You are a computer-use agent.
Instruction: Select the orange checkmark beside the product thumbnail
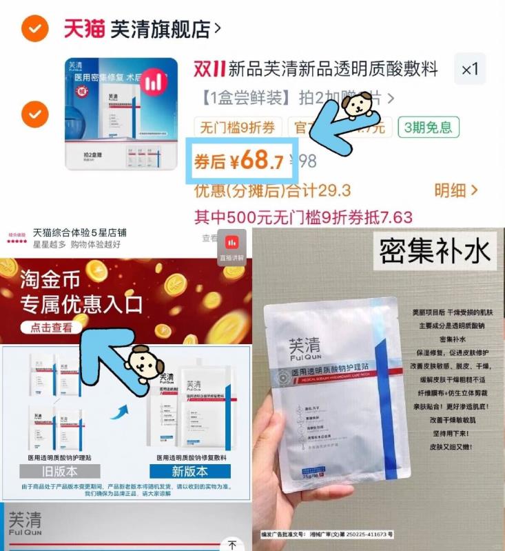pyautogui.click(x=34, y=112)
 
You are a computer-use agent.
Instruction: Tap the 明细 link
pyautogui.click(x=455, y=190)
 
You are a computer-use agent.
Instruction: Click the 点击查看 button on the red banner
pyautogui.click(x=51, y=328)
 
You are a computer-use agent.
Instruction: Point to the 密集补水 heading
pyautogui.click(x=435, y=251)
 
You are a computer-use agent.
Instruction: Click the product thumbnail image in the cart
pyautogui.click(x=121, y=114)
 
